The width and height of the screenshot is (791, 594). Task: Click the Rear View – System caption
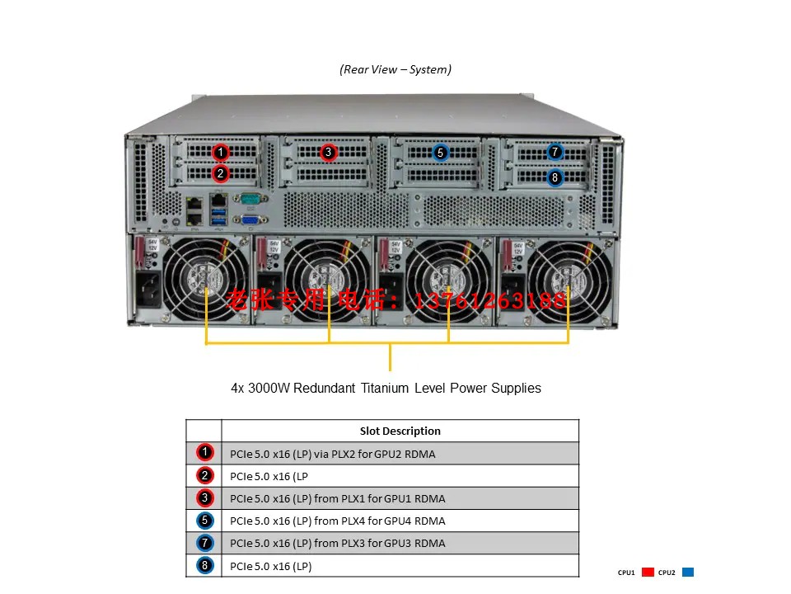click(395, 69)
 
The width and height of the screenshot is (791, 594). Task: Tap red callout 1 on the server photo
click(220, 153)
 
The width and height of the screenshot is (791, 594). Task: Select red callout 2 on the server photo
click(220, 174)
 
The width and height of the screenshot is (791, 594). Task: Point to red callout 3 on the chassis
click(328, 153)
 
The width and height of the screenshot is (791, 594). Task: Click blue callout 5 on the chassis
click(441, 153)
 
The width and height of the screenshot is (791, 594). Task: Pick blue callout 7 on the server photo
click(555, 153)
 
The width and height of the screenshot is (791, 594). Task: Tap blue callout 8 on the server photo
click(555, 177)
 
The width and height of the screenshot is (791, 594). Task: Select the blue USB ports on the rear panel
click(219, 217)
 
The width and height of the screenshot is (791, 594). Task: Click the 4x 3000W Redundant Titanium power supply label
click(386, 388)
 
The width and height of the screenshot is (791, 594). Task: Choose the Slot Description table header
click(400, 431)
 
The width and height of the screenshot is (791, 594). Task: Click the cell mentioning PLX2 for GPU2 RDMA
click(333, 454)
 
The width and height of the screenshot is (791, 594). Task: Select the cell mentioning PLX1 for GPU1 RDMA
click(338, 498)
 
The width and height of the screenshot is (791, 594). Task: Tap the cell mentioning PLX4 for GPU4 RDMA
click(338, 521)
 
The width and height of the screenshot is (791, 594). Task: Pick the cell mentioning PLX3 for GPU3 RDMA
click(338, 543)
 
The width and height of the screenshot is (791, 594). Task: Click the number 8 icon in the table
click(204, 565)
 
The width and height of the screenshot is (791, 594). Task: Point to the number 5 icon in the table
click(204, 521)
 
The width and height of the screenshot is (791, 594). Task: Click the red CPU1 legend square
click(648, 572)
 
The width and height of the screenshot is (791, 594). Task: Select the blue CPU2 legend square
click(688, 572)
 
